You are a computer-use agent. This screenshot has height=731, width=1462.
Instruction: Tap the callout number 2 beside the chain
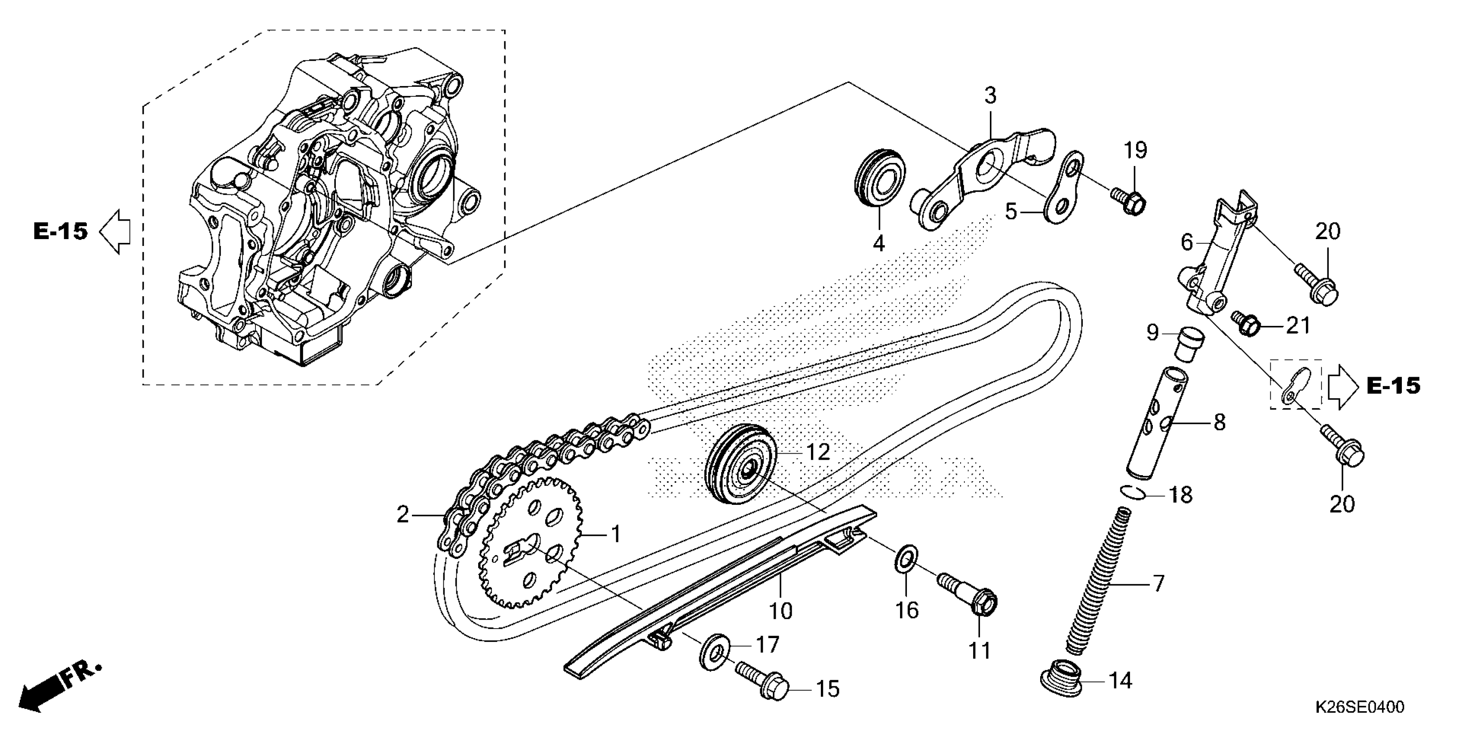tap(402, 515)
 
